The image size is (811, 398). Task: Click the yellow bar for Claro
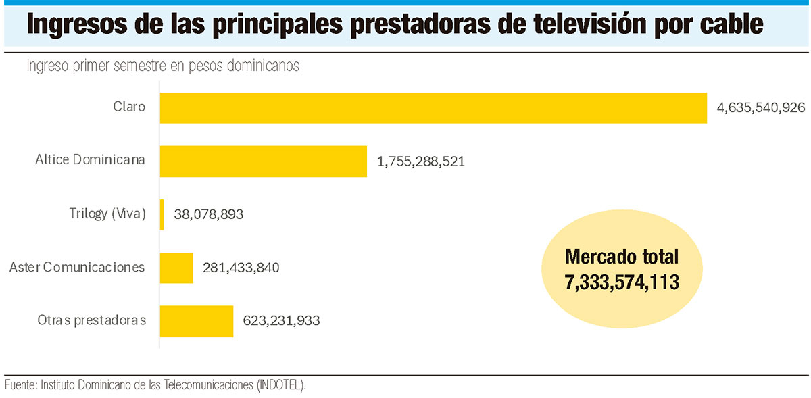click(433, 107)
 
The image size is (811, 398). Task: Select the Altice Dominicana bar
click(264, 161)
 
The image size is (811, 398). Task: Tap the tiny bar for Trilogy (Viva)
click(162, 214)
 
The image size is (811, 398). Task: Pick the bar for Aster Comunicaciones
click(176, 268)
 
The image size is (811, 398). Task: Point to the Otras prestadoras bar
click(197, 321)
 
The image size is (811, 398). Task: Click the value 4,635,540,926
click(760, 108)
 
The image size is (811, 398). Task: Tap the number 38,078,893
click(209, 214)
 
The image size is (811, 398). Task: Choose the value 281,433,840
click(241, 268)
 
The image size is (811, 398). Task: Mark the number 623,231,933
click(281, 321)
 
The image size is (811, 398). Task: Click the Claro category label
click(129, 107)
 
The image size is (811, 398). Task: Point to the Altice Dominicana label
click(90, 160)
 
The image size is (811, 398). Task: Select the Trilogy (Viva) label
click(107, 214)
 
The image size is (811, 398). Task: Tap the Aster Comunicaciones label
click(77, 267)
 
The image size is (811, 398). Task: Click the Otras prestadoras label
click(91, 320)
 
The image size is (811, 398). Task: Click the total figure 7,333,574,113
click(622, 282)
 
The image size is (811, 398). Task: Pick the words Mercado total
click(622, 257)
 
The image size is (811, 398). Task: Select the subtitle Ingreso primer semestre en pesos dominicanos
click(163, 66)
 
